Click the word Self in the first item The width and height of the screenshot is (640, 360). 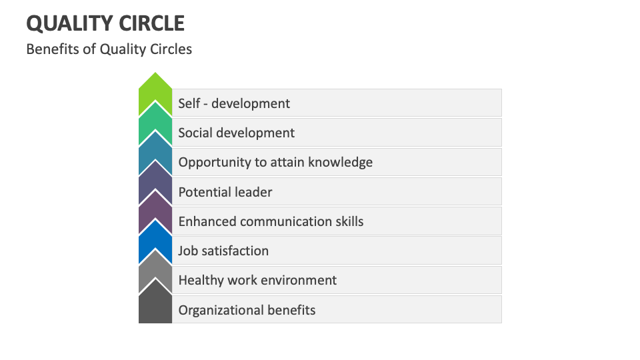pyautogui.click(x=189, y=103)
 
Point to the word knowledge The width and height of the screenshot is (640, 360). pyautogui.click(x=341, y=162)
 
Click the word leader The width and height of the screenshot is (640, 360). pyautogui.click(x=253, y=192)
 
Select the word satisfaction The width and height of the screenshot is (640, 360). pyautogui.click(x=235, y=251)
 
